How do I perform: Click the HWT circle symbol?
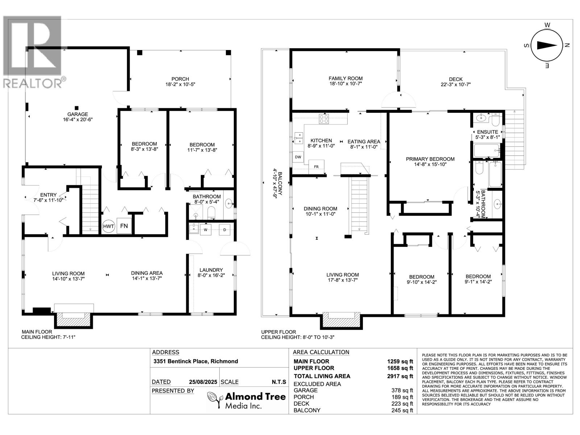(108, 226)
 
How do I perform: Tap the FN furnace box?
(124, 226)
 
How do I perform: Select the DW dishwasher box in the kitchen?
(298, 157)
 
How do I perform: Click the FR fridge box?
(316, 166)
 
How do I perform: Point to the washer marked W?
(206, 229)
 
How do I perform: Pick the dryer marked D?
(224, 229)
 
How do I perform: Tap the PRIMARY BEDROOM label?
(430, 159)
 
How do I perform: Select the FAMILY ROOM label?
(345, 78)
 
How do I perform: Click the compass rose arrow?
(546, 45)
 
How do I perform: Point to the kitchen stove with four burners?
(323, 119)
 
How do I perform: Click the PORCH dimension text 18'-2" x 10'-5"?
(180, 84)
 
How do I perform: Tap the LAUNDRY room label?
(211, 270)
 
